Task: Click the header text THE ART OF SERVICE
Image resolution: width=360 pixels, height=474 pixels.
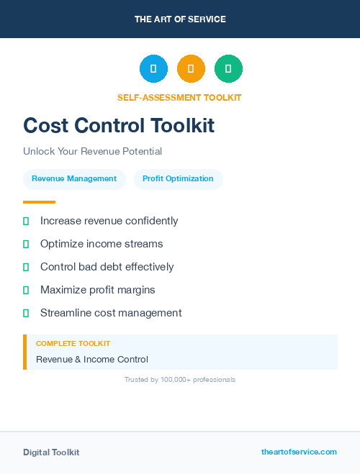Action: pos(180,19)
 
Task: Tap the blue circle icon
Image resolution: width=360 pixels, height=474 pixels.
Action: pos(153,68)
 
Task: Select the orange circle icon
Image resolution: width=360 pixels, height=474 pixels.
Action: pos(191,68)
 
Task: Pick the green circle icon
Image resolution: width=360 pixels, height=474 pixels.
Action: pos(228,68)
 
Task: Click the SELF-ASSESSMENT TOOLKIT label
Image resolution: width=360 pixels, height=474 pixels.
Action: pos(179,97)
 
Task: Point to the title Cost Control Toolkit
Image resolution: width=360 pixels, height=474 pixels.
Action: pos(119,125)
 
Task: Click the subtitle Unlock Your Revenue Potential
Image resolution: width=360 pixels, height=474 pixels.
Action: pos(92,152)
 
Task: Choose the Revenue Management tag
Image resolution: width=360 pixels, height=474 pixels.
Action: pos(74,179)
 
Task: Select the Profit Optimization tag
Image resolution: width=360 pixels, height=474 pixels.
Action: pos(178,179)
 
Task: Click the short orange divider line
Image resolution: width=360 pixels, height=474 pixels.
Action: pos(39,202)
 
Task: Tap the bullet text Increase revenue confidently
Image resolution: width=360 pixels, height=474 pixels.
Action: pos(109,221)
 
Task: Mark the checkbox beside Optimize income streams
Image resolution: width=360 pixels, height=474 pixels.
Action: pos(26,245)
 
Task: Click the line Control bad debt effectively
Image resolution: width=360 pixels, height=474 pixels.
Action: pos(107,267)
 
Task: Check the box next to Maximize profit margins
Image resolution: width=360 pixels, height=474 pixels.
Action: pos(26,291)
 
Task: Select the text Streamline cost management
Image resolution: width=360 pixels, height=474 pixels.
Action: pos(111,313)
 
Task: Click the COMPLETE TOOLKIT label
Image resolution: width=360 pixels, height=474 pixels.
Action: pos(73,344)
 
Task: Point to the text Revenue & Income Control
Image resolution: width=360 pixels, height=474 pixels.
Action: pos(91,360)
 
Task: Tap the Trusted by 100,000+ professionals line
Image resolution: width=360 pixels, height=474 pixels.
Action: pos(180,380)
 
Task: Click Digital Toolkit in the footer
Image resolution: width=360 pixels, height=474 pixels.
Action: pos(51,452)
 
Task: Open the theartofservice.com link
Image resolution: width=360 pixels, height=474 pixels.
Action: pos(299,452)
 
